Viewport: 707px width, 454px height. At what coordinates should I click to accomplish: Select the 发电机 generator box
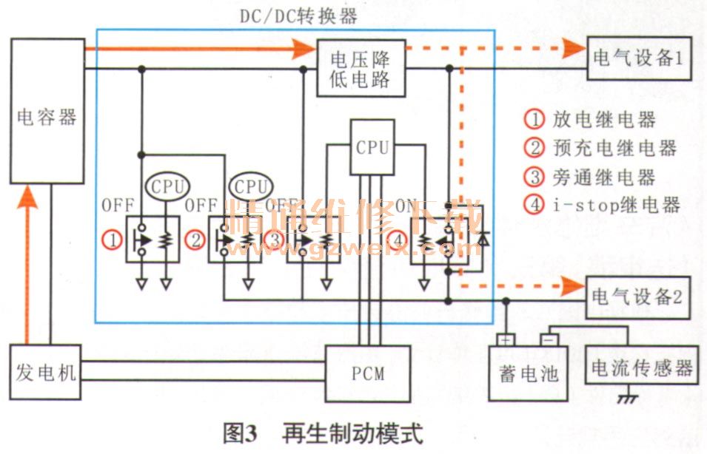click(46, 372)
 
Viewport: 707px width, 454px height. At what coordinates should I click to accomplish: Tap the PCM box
click(368, 373)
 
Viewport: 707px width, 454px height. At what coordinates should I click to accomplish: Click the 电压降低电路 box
click(361, 68)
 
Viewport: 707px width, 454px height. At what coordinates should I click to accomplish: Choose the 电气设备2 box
click(637, 297)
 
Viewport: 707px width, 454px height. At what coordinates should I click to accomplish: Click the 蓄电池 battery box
click(524, 373)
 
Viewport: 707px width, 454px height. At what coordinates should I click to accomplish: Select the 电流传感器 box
click(642, 367)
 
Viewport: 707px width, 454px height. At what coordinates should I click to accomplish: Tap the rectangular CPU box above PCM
click(372, 146)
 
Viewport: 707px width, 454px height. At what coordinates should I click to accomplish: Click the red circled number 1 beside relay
click(113, 240)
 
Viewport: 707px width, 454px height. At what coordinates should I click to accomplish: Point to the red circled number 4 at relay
click(400, 240)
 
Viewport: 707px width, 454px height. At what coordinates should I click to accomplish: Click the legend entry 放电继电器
click(593, 119)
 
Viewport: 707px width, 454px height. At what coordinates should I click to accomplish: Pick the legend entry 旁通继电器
click(593, 176)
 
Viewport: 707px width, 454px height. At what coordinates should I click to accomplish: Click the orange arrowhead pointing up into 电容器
click(30, 196)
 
